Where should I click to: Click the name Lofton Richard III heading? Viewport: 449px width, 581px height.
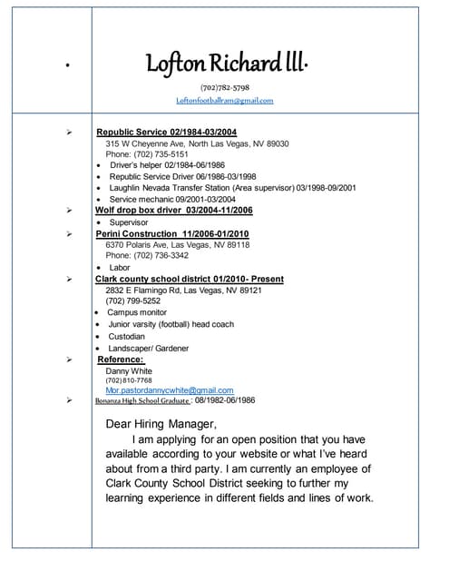point(227,63)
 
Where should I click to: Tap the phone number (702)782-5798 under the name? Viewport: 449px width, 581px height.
point(224,87)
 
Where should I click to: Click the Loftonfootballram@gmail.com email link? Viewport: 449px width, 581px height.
point(224,101)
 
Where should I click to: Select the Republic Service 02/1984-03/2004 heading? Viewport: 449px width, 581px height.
point(166,132)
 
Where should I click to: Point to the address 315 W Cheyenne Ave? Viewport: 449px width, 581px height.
point(197,143)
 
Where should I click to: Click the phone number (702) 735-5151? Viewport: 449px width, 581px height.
point(147,154)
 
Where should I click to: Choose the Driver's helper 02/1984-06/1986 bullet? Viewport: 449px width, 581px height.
point(167,165)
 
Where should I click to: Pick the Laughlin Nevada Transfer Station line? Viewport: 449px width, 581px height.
point(232,188)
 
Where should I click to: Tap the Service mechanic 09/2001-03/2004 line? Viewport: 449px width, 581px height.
point(172,199)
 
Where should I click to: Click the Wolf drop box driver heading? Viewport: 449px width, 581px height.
point(174,211)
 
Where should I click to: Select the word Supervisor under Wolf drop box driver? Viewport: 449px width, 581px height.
point(129,222)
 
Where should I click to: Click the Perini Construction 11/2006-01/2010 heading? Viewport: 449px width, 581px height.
point(172,233)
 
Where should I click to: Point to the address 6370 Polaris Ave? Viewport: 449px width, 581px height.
point(178,245)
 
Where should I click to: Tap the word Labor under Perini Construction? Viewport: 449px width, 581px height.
point(120,268)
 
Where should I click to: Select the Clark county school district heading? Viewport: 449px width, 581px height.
point(190,279)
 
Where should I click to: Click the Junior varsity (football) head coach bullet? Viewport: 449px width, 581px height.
point(171,324)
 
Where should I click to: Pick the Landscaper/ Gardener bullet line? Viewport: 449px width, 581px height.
point(149,348)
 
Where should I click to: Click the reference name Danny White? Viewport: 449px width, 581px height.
point(129,370)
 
